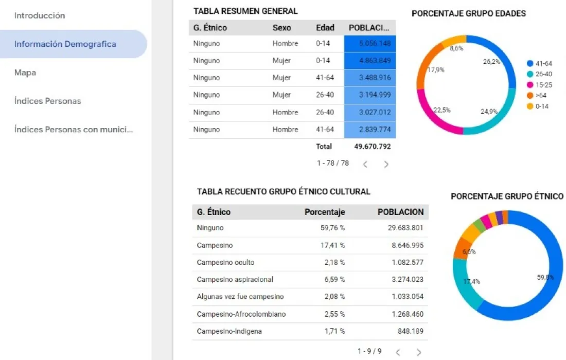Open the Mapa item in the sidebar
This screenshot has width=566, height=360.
pyautogui.click(x=25, y=73)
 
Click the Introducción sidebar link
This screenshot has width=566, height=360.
pyautogui.click(x=40, y=15)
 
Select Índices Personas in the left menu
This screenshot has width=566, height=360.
pyautogui.click(x=47, y=101)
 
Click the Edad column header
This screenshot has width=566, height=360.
pyautogui.click(x=325, y=28)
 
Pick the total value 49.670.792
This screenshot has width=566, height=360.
pyautogui.click(x=373, y=147)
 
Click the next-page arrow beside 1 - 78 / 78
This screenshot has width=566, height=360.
pyautogui.click(x=386, y=165)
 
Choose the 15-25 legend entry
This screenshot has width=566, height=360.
pyautogui.click(x=543, y=85)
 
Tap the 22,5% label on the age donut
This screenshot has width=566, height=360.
pyautogui.click(x=441, y=110)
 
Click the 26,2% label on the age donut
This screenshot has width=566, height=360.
pyautogui.click(x=491, y=62)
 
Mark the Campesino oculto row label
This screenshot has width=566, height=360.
pyautogui.click(x=225, y=262)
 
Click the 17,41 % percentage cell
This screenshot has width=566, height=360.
pyautogui.click(x=332, y=245)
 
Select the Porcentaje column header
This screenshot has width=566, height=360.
pyautogui.click(x=325, y=212)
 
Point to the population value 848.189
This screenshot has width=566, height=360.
pyautogui.click(x=411, y=331)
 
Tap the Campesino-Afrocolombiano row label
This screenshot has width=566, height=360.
pyautogui.click(x=241, y=314)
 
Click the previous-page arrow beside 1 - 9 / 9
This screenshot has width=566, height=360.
pyautogui.click(x=398, y=352)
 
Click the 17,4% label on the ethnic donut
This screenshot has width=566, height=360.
pyautogui.click(x=471, y=282)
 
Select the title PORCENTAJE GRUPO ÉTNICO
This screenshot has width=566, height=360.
pyautogui.click(x=507, y=196)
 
